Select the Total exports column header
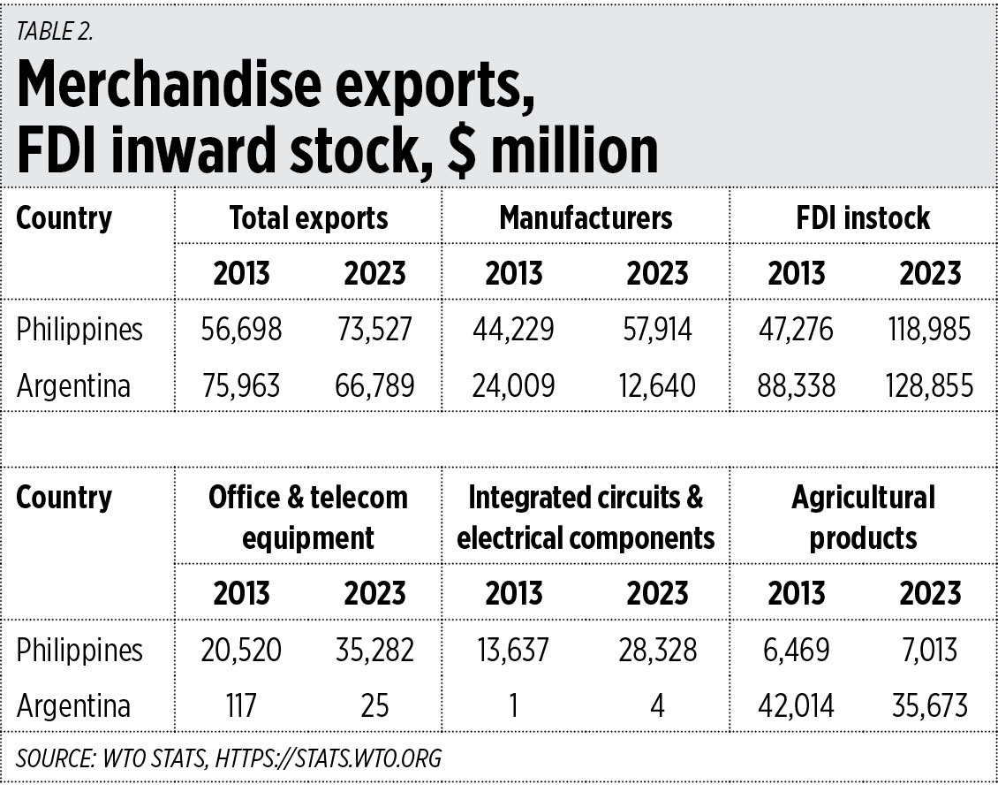308,218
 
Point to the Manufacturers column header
586,218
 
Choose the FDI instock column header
863,218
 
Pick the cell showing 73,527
374,330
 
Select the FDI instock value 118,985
928,330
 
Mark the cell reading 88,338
796,386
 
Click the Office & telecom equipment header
308,517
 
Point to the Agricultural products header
863,517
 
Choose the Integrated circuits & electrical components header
586,517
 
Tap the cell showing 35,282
374,651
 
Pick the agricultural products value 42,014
796,706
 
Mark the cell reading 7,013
928,651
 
